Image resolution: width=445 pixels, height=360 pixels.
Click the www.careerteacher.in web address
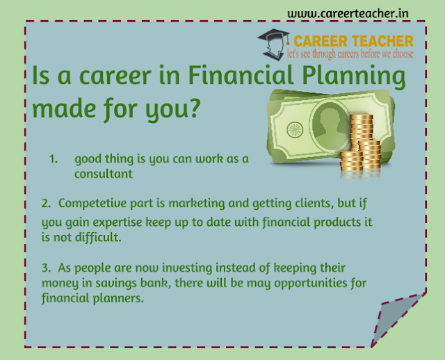pyautogui.click(x=348, y=14)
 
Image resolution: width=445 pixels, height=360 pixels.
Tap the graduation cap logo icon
pyautogui.click(x=273, y=44)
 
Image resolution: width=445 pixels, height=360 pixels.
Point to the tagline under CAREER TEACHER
pyautogui.click(x=350, y=54)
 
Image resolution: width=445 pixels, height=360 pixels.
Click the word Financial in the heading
pyautogui.click(x=241, y=75)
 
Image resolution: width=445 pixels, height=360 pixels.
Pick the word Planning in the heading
pyautogui.click(x=354, y=77)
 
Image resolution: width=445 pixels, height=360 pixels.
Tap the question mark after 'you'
pyautogui.click(x=194, y=108)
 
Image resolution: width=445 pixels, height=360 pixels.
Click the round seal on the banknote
pyautogui.click(x=295, y=130)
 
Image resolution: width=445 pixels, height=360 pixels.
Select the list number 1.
pyautogui.click(x=54, y=159)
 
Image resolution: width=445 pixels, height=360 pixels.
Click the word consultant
pyautogui.click(x=104, y=174)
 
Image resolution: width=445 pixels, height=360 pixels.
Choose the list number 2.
pyautogui.click(x=46, y=204)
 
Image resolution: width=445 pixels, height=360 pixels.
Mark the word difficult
pyautogui.click(x=98, y=237)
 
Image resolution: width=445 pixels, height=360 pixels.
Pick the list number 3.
pyautogui.click(x=46, y=268)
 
